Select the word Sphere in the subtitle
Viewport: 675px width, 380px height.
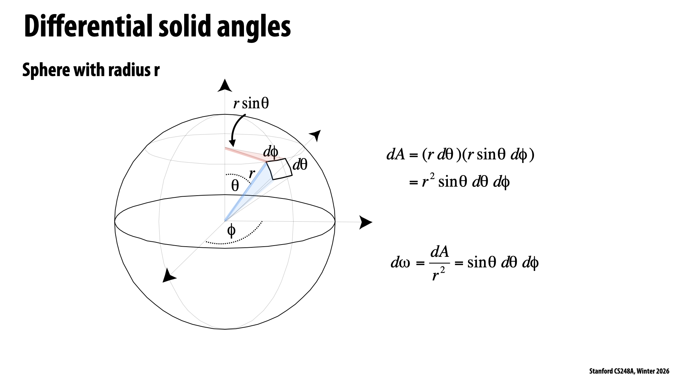pyautogui.click(x=45, y=70)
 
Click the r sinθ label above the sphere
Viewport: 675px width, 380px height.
pyautogui.click(x=251, y=103)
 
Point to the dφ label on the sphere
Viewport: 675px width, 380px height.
pyautogui.click(x=271, y=152)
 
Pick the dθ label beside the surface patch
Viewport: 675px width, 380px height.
pyautogui.click(x=300, y=164)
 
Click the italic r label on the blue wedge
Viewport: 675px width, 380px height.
pyautogui.click(x=252, y=173)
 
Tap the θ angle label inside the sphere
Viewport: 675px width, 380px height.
pyautogui.click(x=235, y=185)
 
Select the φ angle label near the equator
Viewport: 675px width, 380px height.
pyautogui.click(x=231, y=231)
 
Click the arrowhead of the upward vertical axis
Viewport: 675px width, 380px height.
pyautogui.click(x=225, y=86)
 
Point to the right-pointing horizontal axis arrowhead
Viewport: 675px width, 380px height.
pyautogui.click(x=365, y=222)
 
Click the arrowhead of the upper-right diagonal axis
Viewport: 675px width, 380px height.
pyautogui.click(x=315, y=134)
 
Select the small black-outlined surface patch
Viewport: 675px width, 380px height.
pyautogui.click(x=279, y=169)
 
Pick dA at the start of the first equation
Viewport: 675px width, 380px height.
pyautogui.click(x=396, y=155)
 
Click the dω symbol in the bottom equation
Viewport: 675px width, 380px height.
pyautogui.click(x=400, y=263)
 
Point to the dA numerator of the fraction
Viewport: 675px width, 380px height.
pyautogui.click(x=439, y=252)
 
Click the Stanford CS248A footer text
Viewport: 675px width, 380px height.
pyautogui.click(x=629, y=371)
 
